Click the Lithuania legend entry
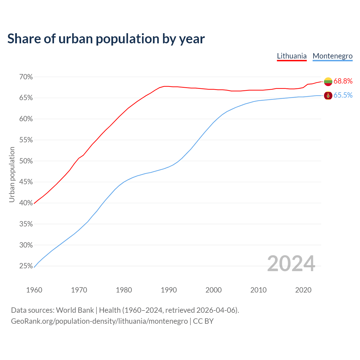pos(292,56)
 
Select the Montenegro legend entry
pos(332,56)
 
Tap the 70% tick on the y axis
pos(26,77)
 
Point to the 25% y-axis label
pos(26,266)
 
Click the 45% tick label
pos(26,182)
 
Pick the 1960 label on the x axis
pos(34,290)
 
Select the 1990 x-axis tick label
pos(169,290)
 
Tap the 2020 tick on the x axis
pos(303,290)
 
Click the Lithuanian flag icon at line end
pos(328,82)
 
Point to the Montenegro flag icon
pos(328,96)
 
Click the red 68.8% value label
pos(343,81)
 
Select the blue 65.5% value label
pos(343,95)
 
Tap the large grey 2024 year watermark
pos(291,264)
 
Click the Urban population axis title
pos(12,174)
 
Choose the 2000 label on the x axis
pos(213,290)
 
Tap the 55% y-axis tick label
pos(26,140)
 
